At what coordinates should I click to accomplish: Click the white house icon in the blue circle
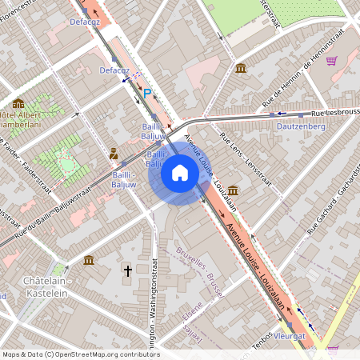pos(180,173)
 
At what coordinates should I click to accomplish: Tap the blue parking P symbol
pos(146,94)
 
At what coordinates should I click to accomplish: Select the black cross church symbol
pos(127,271)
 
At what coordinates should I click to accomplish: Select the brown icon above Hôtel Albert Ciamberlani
pos(18,102)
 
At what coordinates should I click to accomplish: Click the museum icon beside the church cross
pos(89,260)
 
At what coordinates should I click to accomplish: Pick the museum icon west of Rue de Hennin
pos(241,68)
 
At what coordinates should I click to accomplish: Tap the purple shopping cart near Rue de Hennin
pos(331,60)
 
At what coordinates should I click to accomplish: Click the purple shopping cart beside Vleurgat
pos(332,349)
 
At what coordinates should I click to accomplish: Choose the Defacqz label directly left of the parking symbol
pos(114,70)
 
